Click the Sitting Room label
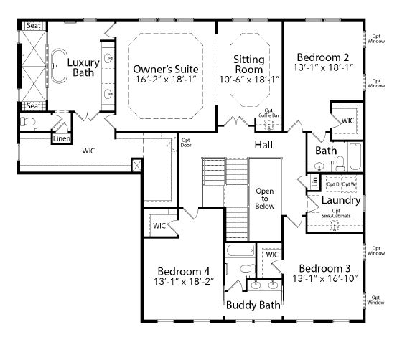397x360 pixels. tap(248, 64)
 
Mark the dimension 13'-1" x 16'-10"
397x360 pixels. tap(325, 277)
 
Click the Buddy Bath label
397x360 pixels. tap(253, 305)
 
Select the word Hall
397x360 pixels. tap(263, 146)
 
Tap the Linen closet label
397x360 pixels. tap(61, 138)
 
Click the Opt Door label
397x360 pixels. tap(185, 142)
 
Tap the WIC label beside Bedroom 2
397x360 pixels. tap(347, 120)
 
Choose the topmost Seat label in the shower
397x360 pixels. tap(33, 25)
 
